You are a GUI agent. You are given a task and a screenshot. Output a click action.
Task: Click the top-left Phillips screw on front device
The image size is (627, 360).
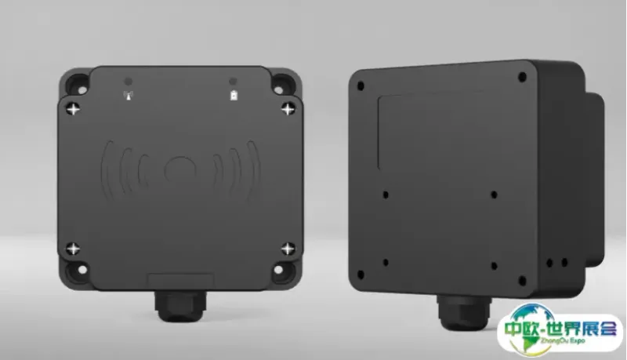click(73, 108)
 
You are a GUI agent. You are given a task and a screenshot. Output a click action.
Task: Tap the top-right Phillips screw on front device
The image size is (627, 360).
click(288, 108)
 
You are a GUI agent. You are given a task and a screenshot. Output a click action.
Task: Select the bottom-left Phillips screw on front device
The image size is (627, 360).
click(73, 249)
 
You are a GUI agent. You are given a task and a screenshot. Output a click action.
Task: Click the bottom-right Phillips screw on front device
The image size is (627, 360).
click(288, 249)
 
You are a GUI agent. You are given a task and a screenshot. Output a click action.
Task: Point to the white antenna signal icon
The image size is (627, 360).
click(129, 96)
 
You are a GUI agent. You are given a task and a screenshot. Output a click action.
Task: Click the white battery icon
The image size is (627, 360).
click(234, 96)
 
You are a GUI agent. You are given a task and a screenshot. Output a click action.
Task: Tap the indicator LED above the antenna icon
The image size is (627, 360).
click(128, 82)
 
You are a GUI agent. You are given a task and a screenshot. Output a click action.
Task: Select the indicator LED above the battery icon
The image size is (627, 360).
click(233, 82)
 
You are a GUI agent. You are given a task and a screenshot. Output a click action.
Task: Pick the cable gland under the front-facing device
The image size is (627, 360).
click(180, 306)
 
